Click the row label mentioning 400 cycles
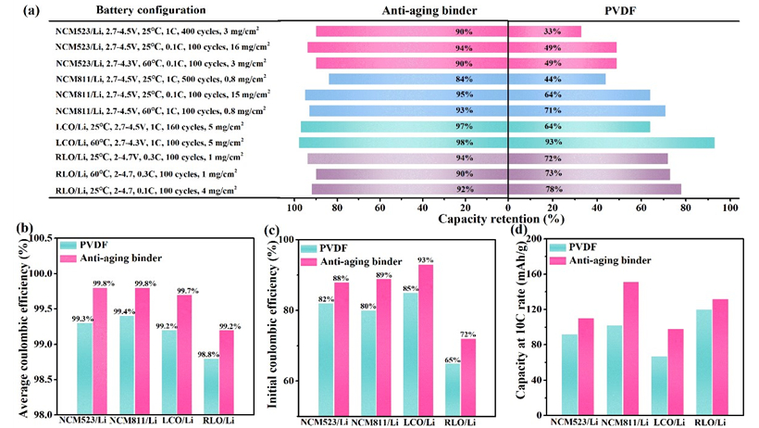point(145,31)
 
